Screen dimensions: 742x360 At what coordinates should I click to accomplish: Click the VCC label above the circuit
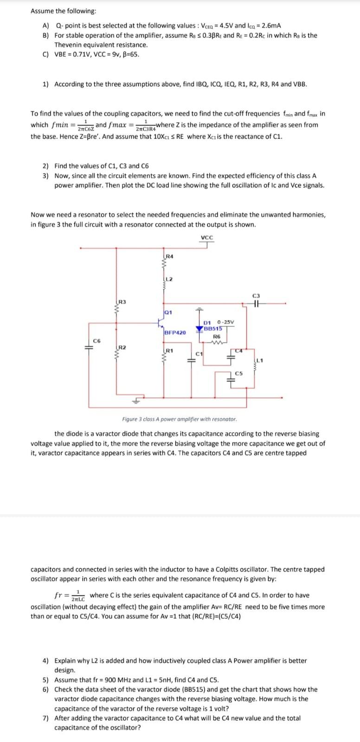tap(207, 238)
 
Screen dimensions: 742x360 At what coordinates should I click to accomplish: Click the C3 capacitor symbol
tap(256, 304)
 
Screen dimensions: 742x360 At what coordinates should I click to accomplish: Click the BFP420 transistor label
tap(175, 333)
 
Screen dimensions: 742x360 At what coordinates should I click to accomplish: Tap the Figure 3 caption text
tap(179, 419)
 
